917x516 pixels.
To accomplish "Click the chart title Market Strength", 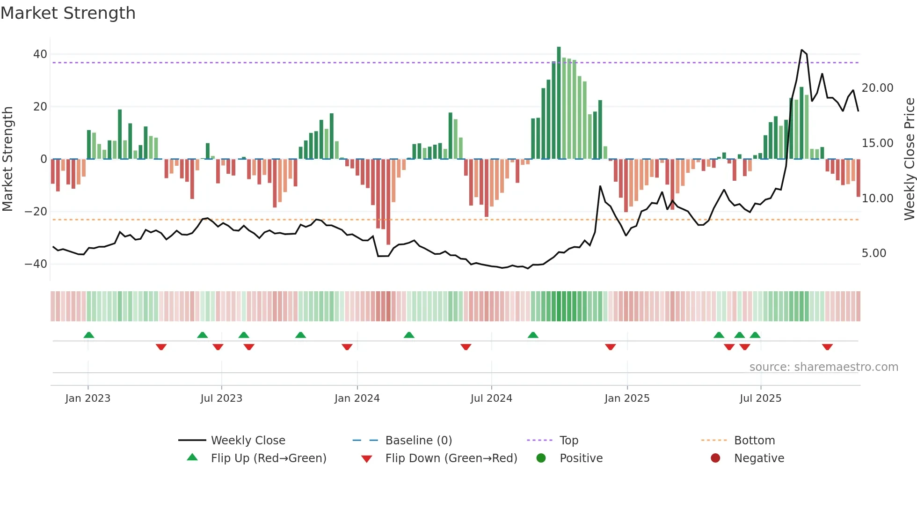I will click(x=68, y=13).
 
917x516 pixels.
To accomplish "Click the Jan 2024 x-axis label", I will click(x=357, y=398).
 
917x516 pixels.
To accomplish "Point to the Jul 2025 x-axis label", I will click(x=760, y=398).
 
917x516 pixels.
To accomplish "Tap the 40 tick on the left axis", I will click(x=40, y=54).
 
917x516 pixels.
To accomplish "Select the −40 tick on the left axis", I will click(x=36, y=264).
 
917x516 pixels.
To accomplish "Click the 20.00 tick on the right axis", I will click(x=877, y=88).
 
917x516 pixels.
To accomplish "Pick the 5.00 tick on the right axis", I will click(x=873, y=253).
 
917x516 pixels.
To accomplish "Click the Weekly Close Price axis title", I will click(x=909, y=159).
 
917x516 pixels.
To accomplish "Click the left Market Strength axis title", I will click(x=7, y=159).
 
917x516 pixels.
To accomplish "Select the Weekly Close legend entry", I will click(x=247, y=441).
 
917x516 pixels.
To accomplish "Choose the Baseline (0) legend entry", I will click(x=418, y=441).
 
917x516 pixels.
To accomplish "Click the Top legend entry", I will click(x=568, y=441).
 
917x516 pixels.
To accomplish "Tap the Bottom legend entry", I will click(x=754, y=441).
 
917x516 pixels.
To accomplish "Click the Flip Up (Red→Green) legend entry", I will click(x=268, y=458).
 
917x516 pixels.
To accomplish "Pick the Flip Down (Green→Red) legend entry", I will click(x=451, y=458).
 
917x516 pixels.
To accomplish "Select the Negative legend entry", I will click(x=758, y=458).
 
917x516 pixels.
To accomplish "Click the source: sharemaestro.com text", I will click(x=823, y=367).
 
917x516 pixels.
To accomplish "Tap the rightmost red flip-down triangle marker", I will click(x=827, y=347).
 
